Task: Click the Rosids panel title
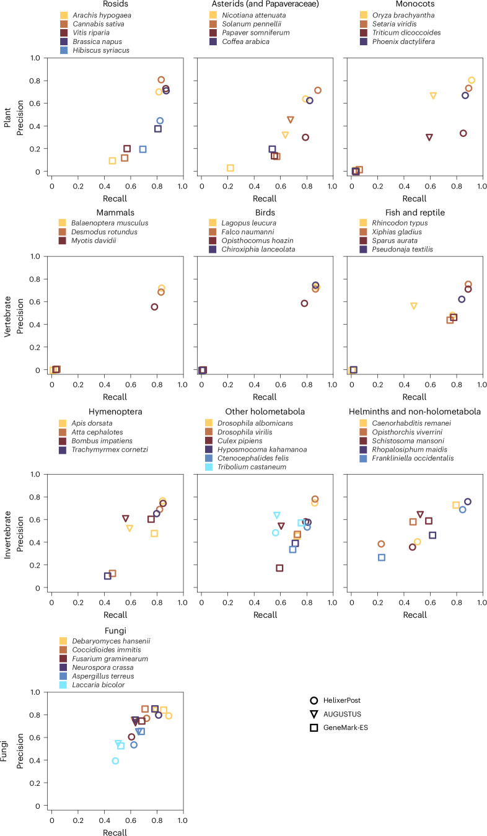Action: pyautogui.click(x=115, y=4)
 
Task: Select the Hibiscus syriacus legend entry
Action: pyautogui.click(x=95, y=50)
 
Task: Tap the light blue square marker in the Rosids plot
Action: pyautogui.click(x=143, y=149)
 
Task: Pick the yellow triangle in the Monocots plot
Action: pyautogui.click(x=433, y=95)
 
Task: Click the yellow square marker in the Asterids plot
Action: pyautogui.click(x=230, y=168)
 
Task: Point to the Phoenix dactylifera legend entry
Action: pyautogui.click(x=397, y=42)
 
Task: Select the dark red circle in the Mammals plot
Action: pyautogui.click(x=154, y=307)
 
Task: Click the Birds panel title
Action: pyautogui.click(x=265, y=213)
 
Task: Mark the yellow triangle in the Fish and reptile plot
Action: pyautogui.click(x=413, y=306)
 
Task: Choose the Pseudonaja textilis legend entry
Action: pyautogui.click(x=396, y=249)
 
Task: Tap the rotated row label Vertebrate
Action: pyautogui.click(x=7, y=317)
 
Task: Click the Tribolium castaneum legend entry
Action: pyautogui.click(x=245, y=467)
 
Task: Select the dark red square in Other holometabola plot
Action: pyautogui.click(x=279, y=568)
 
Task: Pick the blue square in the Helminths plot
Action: pyautogui.click(x=382, y=557)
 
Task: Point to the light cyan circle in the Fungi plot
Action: pyautogui.click(x=115, y=760)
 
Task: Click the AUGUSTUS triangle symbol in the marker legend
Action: pyautogui.click(x=314, y=715)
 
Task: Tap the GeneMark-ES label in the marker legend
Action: pyautogui.click(x=346, y=728)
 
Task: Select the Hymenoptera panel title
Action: pyautogui.click(x=115, y=411)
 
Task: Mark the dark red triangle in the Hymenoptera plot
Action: pyautogui.click(x=126, y=519)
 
